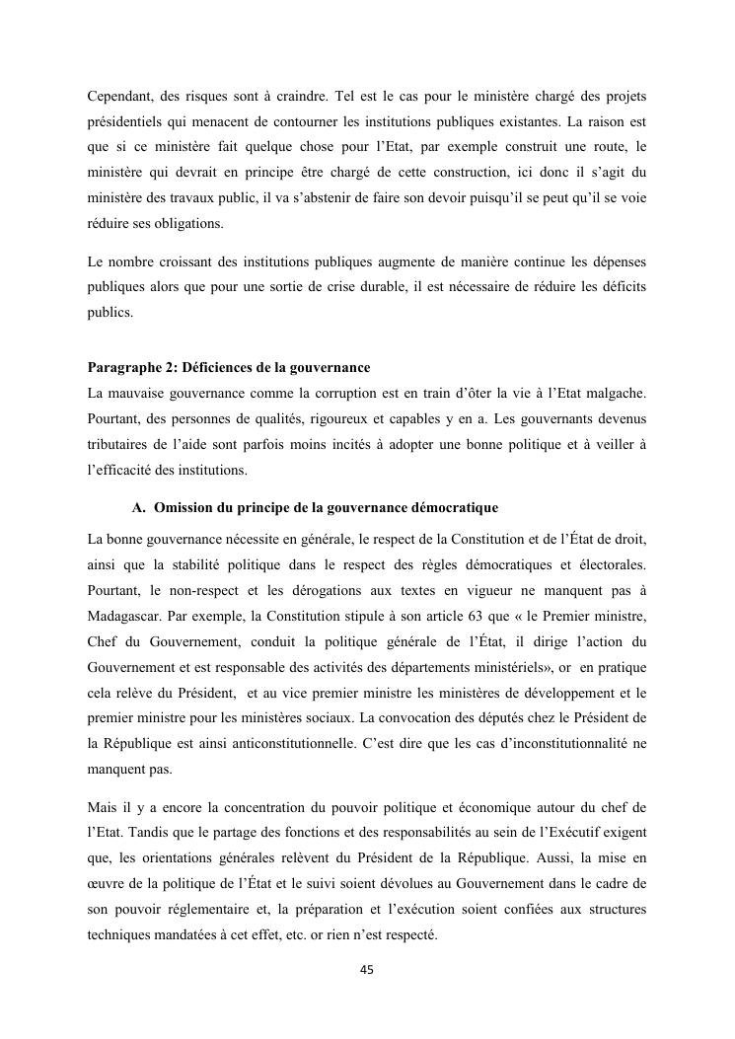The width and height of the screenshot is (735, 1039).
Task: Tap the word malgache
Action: coord(613,394)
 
